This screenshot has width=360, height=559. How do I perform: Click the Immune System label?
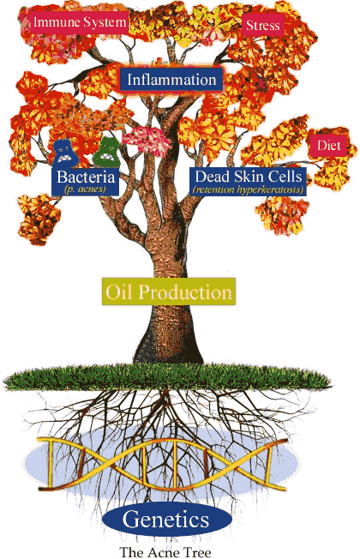(80, 22)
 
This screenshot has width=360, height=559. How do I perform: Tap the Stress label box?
(262, 26)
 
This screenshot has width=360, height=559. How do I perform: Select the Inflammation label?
(171, 79)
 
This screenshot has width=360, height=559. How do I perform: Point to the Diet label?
(329, 146)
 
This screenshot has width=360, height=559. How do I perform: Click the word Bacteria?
(86, 177)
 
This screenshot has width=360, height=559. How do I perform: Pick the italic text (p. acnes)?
(85, 189)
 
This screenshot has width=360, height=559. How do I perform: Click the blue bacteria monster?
(65, 153)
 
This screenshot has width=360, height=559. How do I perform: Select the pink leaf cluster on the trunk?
(146, 140)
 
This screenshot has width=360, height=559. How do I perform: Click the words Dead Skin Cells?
(249, 177)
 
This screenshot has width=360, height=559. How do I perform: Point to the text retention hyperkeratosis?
(249, 189)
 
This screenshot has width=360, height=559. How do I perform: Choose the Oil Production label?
(169, 292)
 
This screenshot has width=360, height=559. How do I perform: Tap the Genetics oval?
(166, 519)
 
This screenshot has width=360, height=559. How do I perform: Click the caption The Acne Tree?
(165, 552)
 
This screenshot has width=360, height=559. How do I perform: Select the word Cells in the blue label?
(285, 177)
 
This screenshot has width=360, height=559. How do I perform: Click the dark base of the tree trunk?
(168, 347)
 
